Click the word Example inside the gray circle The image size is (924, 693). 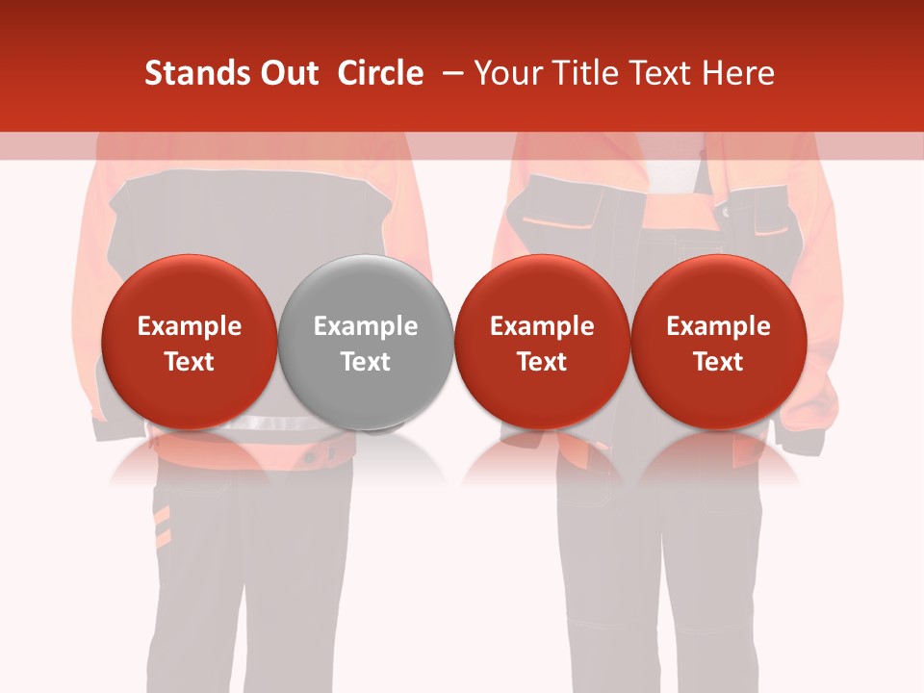366,326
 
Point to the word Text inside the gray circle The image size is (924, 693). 366,362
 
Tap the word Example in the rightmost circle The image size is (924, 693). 719,326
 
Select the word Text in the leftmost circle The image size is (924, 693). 189,362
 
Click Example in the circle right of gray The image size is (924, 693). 542,326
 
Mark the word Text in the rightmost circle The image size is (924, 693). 719,362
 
